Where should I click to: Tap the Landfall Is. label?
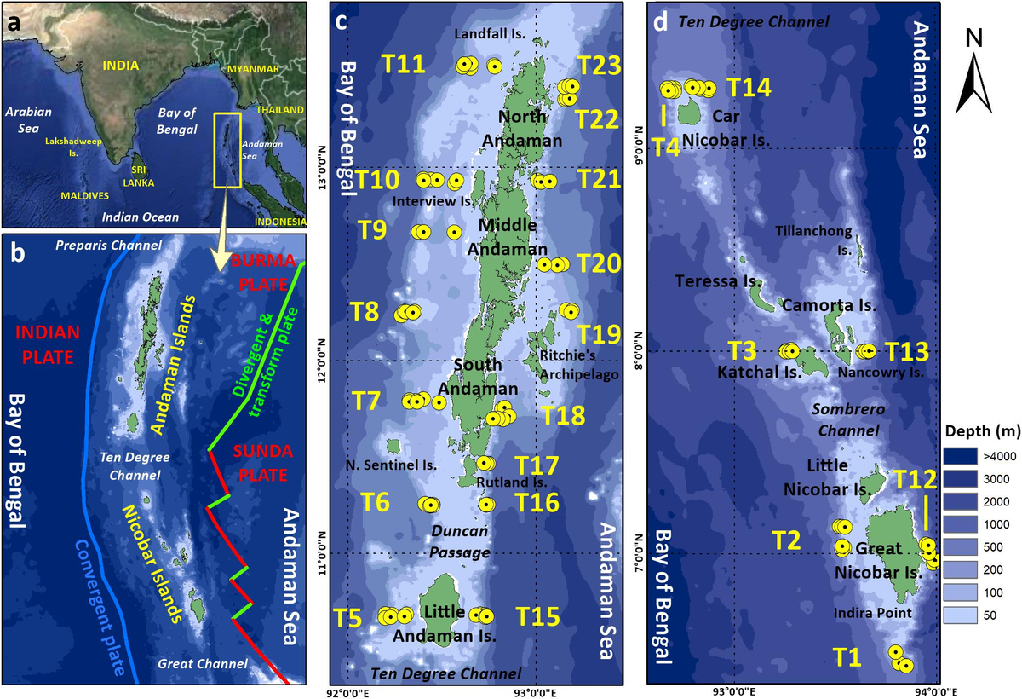(490, 34)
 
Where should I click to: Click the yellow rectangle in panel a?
(227, 150)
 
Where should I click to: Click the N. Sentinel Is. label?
(392, 465)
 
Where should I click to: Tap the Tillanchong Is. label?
(807, 240)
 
